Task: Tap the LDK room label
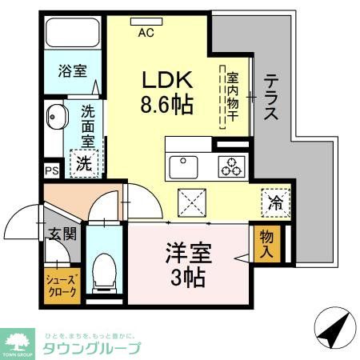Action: click(x=166, y=80)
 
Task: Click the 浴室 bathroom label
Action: click(x=72, y=70)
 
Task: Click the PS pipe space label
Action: click(x=51, y=170)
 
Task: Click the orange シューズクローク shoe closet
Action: click(x=60, y=286)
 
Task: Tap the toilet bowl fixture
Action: click(x=104, y=270)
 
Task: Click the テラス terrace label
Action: click(x=271, y=97)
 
